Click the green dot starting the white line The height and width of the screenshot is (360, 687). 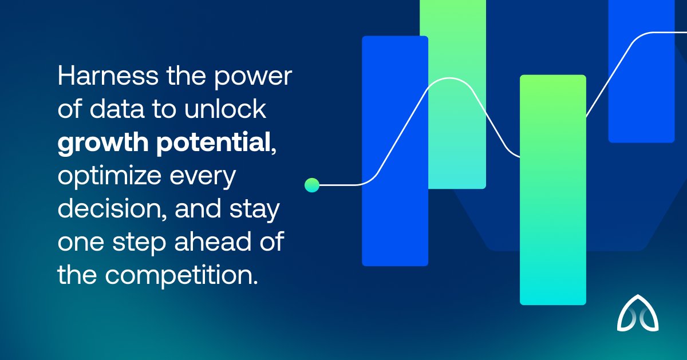[312, 184]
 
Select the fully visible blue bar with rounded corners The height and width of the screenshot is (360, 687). [395, 151]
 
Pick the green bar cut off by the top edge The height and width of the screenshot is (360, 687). [453, 94]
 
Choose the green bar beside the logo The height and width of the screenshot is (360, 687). [552, 189]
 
